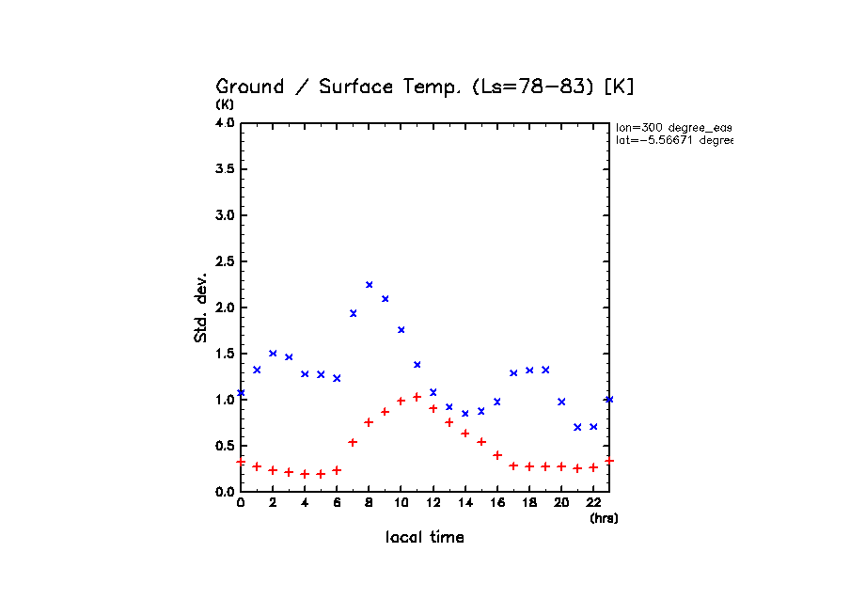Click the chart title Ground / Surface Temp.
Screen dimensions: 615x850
425,87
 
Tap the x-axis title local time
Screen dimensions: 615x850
425,537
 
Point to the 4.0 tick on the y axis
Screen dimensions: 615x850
225,123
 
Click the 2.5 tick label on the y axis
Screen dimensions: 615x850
225,261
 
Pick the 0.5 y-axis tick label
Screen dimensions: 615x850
225,446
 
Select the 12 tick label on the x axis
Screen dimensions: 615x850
433,503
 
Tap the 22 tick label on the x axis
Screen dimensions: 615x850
593,503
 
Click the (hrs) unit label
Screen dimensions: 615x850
604,518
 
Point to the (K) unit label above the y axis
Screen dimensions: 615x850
225,104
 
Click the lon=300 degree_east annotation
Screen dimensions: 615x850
673,127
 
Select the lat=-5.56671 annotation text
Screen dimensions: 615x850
673,140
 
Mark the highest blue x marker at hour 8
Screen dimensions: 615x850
370,285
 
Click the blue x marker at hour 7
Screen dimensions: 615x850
354,313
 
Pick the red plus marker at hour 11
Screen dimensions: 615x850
417,397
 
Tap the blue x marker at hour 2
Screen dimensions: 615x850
273,354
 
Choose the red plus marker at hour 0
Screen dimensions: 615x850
241,462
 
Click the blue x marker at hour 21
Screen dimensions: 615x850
577,427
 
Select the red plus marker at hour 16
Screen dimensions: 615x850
497,455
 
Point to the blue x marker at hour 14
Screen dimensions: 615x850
465,414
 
